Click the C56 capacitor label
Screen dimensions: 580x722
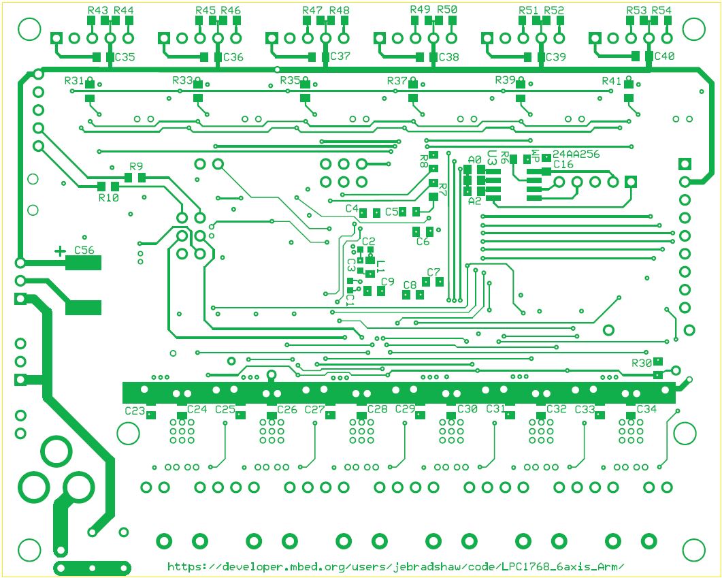pos(84,250)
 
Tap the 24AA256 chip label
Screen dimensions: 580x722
pos(576,155)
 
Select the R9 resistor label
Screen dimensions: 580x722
pos(136,167)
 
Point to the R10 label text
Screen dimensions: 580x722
pos(109,197)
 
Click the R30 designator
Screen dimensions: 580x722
pos(642,362)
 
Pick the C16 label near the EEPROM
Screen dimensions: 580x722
pos(563,165)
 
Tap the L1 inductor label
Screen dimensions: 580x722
pos(380,265)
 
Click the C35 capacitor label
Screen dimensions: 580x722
pos(125,57)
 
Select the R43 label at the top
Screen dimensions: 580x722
pos(98,10)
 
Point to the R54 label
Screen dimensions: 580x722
pos(661,10)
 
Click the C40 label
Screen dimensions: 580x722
pos(664,57)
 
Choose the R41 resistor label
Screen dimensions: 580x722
pos(612,81)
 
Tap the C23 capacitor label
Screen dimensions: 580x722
pos(135,410)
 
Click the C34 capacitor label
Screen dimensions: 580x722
pos(646,409)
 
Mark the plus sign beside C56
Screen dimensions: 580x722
pos(60,251)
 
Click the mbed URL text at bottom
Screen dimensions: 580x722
pos(395,566)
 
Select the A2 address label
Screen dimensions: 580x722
pos(474,201)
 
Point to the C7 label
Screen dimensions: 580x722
pos(433,272)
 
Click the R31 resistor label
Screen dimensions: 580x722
pos(74,81)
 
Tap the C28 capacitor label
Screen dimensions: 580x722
pos(377,409)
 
